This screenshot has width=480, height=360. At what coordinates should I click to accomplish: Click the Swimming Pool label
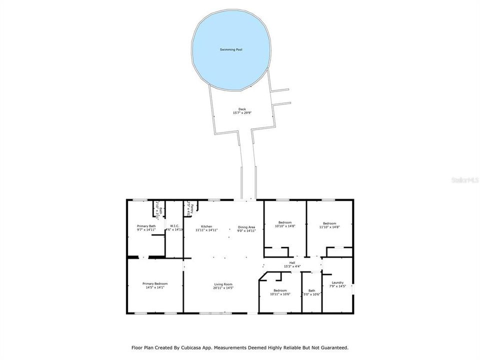pyautogui.click(x=231, y=50)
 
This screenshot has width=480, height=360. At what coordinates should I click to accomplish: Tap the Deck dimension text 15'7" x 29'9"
pyautogui.click(x=242, y=113)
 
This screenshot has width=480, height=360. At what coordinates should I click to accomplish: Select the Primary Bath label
pyautogui.click(x=146, y=226)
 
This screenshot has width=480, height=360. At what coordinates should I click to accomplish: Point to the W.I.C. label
pyautogui.click(x=175, y=226)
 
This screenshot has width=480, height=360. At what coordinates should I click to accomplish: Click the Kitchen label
pyautogui.click(x=206, y=226)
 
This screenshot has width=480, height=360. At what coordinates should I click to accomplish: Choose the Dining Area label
pyautogui.click(x=246, y=227)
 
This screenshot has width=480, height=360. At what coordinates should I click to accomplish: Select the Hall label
pyautogui.click(x=292, y=262)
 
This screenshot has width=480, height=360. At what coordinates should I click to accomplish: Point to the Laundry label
pyautogui.click(x=337, y=282)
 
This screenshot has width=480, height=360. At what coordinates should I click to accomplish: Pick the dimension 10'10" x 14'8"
pyautogui.click(x=285, y=226)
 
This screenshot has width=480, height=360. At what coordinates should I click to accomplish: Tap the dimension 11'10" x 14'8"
pyautogui.click(x=329, y=226)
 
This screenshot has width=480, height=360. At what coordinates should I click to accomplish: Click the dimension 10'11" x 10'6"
pyautogui.click(x=279, y=294)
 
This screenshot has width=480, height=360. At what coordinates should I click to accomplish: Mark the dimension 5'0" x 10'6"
pyautogui.click(x=312, y=294)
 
